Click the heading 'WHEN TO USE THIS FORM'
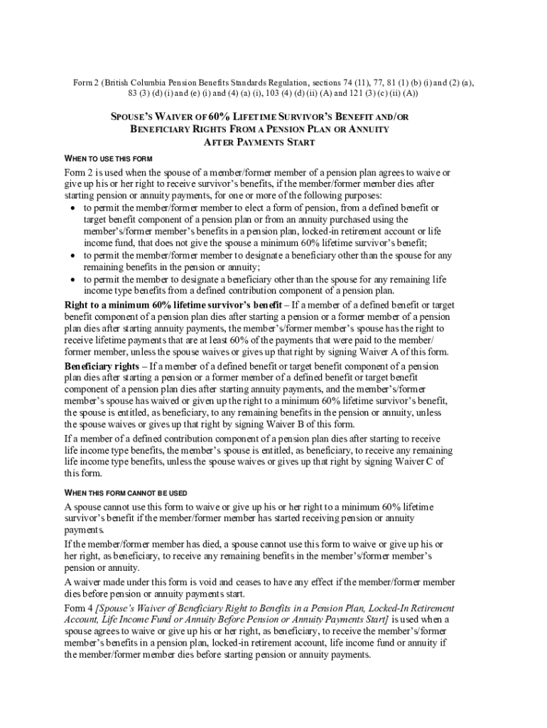109,157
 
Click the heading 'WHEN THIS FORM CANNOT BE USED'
126,493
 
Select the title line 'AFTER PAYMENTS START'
259,142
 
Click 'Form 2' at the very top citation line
86,82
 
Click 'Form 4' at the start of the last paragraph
78,609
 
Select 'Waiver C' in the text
416,462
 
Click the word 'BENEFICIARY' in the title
163,129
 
